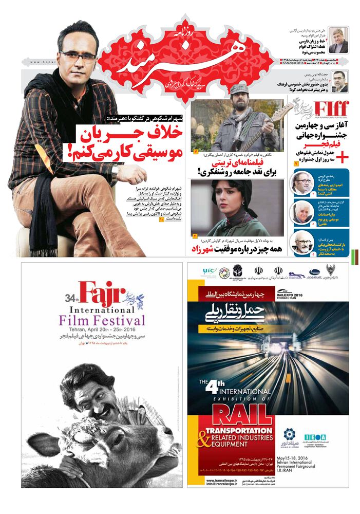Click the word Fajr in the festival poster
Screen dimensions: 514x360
click(x=101, y=295)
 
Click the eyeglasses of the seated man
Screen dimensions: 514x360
click(x=77, y=56)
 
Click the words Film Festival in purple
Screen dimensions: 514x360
click(x=110, y=321)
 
